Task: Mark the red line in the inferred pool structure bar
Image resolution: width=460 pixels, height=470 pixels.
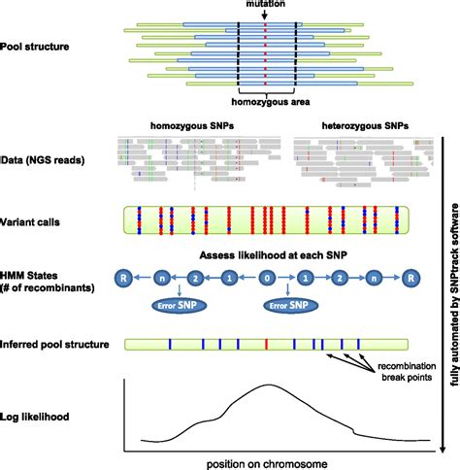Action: point(266,344)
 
